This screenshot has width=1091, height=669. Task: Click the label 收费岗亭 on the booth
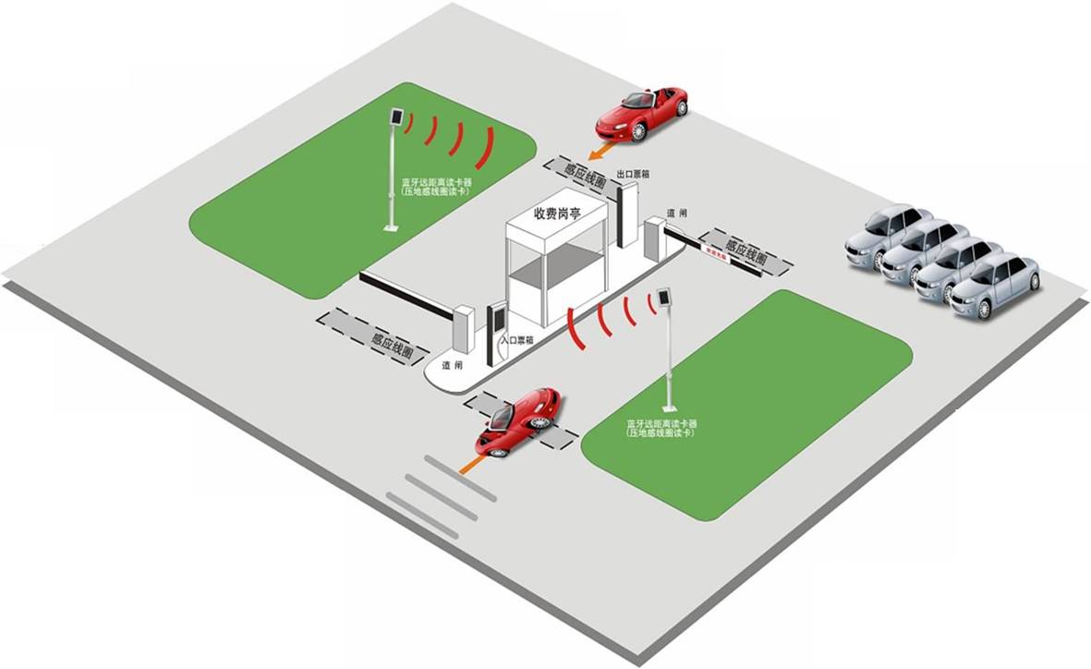(557, 214)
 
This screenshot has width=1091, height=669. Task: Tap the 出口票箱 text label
(633, 174)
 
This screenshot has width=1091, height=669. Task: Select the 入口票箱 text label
(517, 341)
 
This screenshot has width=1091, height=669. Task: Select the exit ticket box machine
(628, 213)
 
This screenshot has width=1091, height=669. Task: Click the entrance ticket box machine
(497, 328)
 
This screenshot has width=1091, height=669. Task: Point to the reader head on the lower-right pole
(663, 299)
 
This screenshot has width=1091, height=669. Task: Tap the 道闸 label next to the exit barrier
(677, 213)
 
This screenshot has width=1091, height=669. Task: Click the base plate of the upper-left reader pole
(392, 227)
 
